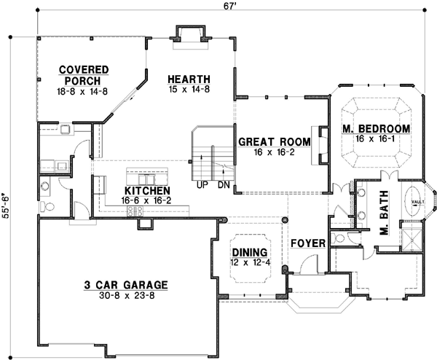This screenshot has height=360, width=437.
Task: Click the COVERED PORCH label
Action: pyautogui.click(x=84, y=75)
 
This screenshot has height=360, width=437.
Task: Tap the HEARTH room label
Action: pyautogui.click(x=189, y=79)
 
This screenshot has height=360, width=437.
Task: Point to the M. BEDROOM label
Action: pyautogui.click(x=376, y=129)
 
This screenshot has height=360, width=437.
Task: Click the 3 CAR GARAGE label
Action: pyautogui.click(x=125, y=285)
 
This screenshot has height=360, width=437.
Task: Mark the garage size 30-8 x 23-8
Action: pyautogui.click(x=125, y=296)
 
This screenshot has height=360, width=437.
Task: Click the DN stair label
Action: pyautogui.click(x=224, y=185)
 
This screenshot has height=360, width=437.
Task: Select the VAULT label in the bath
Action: pyautogui.click(x=417, y=202)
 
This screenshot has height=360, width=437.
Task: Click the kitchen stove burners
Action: pyautogui.click(x=135, y=211)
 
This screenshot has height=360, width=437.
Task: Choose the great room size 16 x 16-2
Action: pyautogui.click(x=267, y=154)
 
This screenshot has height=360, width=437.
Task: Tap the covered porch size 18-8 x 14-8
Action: pyautogui.click(x=84, y=92)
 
